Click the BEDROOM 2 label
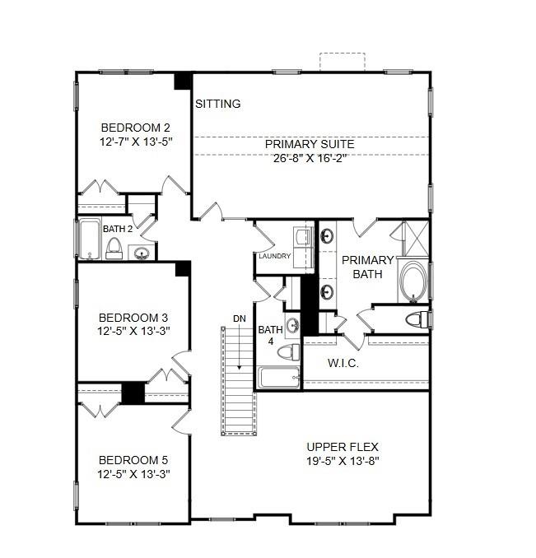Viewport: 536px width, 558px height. click(135, 128)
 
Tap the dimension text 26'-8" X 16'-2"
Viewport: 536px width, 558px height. click(310, 159)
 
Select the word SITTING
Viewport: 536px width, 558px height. click(218, 104)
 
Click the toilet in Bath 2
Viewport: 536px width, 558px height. click(114, 249)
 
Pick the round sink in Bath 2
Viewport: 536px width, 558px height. click(142, 252)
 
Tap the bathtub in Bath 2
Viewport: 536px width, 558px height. click(88, 239)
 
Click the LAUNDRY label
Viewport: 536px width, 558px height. click(274, 256)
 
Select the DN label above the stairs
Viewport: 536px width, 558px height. click(239, 318)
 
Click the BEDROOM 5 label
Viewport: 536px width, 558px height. click(133, 459)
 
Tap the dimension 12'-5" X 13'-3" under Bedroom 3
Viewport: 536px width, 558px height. click(133, 332)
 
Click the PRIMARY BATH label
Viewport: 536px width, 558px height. click(367, 267)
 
